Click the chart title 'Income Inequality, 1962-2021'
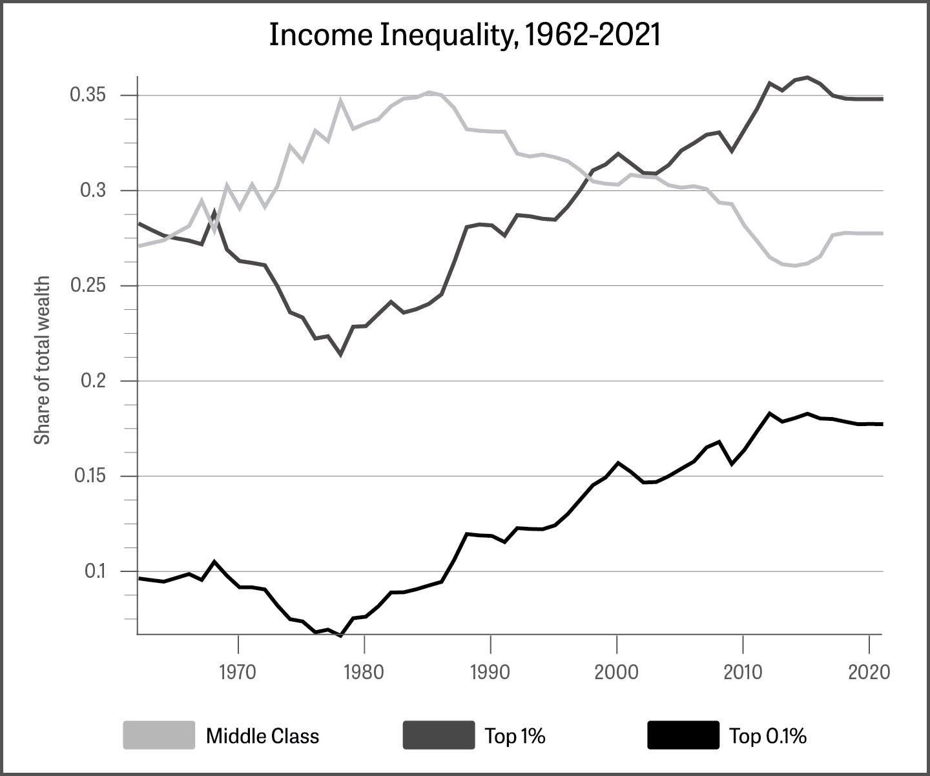(464, 35)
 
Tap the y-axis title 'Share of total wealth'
(42, 360)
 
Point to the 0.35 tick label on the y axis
(88, 96)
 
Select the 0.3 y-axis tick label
(93, 190)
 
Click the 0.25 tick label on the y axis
(88, 286)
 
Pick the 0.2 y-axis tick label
(93, 381)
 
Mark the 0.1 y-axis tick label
(95, 571)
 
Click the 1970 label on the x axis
(238, 672)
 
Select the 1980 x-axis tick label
(364, 672)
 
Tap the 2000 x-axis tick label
(617, 672)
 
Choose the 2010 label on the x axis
(743, 672)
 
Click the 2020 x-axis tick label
(869, 672)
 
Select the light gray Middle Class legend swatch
(159, 735)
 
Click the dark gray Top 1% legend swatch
(439, 735)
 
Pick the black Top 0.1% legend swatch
(683, 735)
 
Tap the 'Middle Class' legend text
(262, 736)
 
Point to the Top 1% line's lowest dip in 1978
(340, 354)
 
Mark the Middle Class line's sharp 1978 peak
(340, 101)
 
